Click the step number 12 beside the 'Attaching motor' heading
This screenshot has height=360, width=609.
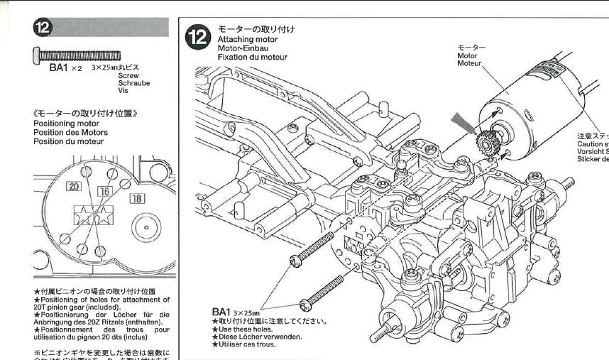point(197,38)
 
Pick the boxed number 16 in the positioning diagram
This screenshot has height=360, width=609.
point(104,192)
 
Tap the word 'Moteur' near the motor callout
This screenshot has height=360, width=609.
point(469,62)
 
